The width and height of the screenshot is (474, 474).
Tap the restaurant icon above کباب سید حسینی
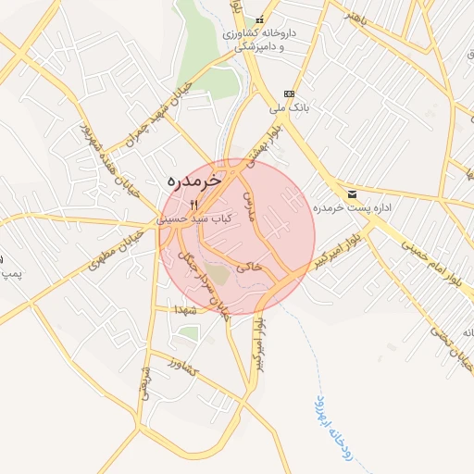193,205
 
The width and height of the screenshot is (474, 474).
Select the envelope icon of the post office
353,194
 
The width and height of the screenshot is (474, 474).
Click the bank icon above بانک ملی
290,94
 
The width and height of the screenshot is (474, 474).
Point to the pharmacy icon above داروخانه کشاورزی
260,20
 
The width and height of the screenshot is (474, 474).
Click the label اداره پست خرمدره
352,208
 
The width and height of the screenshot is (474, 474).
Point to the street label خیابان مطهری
116,250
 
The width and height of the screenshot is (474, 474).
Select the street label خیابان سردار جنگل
203,281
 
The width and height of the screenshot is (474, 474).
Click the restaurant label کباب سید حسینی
193,219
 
